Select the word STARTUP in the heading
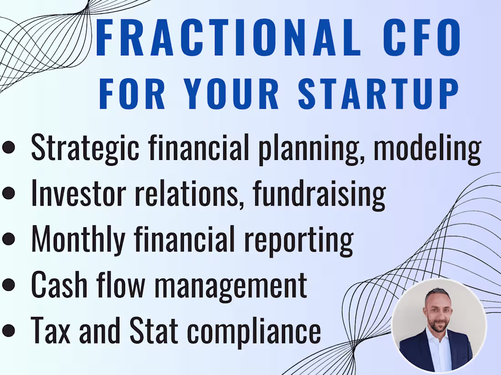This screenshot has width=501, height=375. [x=378, y=94]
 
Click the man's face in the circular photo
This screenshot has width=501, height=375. [x=437, y=313]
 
